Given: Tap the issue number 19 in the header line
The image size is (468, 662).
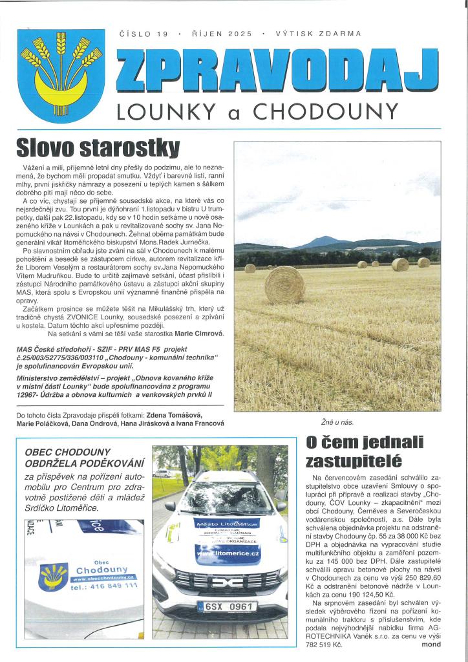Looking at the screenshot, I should click(x=162, y=33).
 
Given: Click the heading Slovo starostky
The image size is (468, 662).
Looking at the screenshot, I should click(x=98, y=147).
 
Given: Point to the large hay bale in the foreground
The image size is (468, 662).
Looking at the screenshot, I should click(x=284, y=285).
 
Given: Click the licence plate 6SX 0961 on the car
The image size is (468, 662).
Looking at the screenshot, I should click(x=227, y=606).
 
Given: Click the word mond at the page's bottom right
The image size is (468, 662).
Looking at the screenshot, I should click(x=431, y=645).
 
